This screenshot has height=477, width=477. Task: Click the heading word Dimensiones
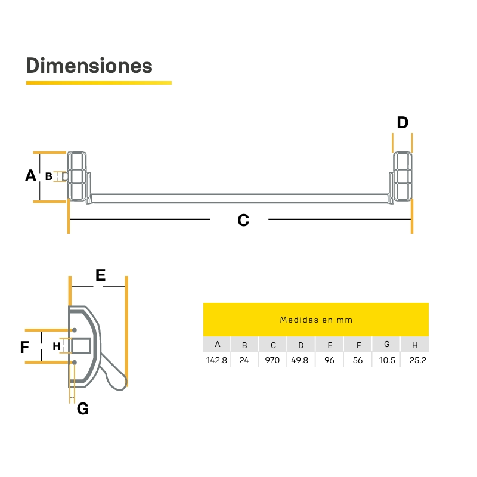click(x=89, y=66)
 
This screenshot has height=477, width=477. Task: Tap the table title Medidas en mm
click(x=316, y=320)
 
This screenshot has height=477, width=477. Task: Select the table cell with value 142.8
click(x=216, y=360)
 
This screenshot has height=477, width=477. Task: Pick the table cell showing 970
click(x=272, y=360)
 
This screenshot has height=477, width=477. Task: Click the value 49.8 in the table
click(x=300, y=360)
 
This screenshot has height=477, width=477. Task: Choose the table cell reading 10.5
click(x=387, y=360)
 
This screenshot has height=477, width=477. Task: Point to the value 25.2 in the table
click(x=418, y=360)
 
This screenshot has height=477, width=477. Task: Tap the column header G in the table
click(x=386, y=345)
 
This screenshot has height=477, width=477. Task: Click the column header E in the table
click(x=330, y=345)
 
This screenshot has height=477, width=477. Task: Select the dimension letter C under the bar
click(x=243, y=220)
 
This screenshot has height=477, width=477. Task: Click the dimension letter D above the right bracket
click(x=402, y=123)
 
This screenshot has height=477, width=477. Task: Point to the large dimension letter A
click(x=30, y=175)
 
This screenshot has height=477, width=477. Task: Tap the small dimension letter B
click(x=49, y=176)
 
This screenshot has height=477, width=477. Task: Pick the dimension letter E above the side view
click(x=100, y=275)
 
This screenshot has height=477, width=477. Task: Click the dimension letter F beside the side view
click(x=24, y=347)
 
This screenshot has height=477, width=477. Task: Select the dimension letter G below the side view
click(x=83, y=408)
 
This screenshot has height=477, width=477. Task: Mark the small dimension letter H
click(x=56, y=346)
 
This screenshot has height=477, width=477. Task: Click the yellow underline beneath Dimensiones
click(x=99, y=83)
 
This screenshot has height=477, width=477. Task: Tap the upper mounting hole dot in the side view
click(x=74, y=330)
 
